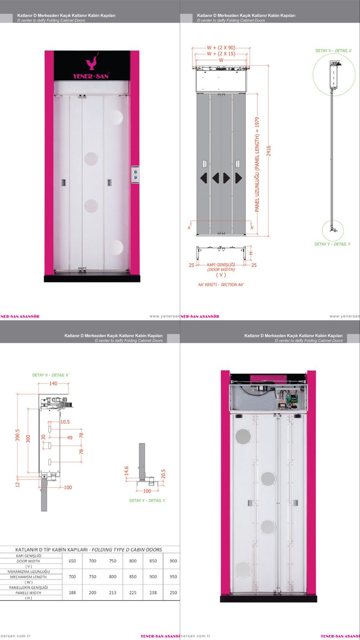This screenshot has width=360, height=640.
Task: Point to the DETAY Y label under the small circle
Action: pos(332,244)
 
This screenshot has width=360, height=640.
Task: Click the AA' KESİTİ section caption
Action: pos(218,285)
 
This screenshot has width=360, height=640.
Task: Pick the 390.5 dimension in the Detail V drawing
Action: pos(17,436)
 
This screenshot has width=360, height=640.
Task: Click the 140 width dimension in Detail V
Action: pos(53,384)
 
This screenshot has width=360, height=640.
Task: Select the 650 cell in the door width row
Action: pos(72,561)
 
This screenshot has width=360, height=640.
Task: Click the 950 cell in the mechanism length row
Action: pos(173,577)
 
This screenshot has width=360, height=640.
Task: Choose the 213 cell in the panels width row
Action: pos(113,593)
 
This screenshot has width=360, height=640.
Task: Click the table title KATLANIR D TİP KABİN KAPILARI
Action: pos(88,550)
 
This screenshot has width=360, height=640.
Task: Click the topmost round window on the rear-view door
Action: pos(243,436)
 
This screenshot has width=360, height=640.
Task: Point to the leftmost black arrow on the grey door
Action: pos(203,178)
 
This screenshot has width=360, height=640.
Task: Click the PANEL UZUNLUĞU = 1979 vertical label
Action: pos(258,164)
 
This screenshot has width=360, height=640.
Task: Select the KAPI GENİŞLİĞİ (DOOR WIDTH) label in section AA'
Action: pos(221,267)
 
